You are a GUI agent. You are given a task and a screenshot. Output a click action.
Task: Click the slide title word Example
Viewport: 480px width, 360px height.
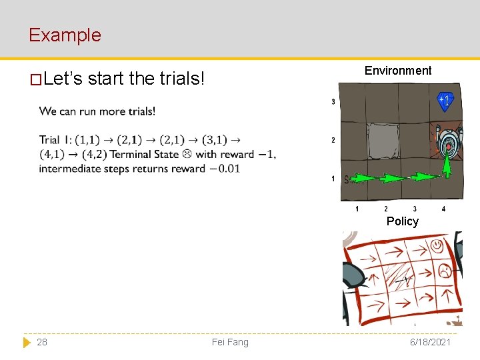(65, 35)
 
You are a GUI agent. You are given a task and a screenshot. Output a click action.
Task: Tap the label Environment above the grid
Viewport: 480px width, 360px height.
(398, 71)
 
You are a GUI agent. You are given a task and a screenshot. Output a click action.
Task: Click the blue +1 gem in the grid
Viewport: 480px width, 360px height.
(445, 101)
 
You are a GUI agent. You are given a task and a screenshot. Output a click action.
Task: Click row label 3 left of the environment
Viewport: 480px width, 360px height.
(333, 102)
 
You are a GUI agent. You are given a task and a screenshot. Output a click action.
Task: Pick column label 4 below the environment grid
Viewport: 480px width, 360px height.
(444, 209)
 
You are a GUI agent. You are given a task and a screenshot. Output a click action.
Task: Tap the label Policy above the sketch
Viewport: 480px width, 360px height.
(403, 221)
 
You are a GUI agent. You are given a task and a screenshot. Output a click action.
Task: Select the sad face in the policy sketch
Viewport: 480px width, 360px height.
(443, 270)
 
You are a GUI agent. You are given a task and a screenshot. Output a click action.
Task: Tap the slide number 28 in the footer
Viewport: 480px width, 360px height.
(42, 342)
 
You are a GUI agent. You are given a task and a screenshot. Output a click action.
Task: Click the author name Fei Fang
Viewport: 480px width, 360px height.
(230, 342)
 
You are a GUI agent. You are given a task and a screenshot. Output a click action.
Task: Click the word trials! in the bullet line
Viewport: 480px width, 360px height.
(181, 79)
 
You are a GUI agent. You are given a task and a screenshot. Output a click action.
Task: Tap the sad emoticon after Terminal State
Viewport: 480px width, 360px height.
(187, 154)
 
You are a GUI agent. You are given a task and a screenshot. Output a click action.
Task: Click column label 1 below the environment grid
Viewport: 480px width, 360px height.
(357, 209)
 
